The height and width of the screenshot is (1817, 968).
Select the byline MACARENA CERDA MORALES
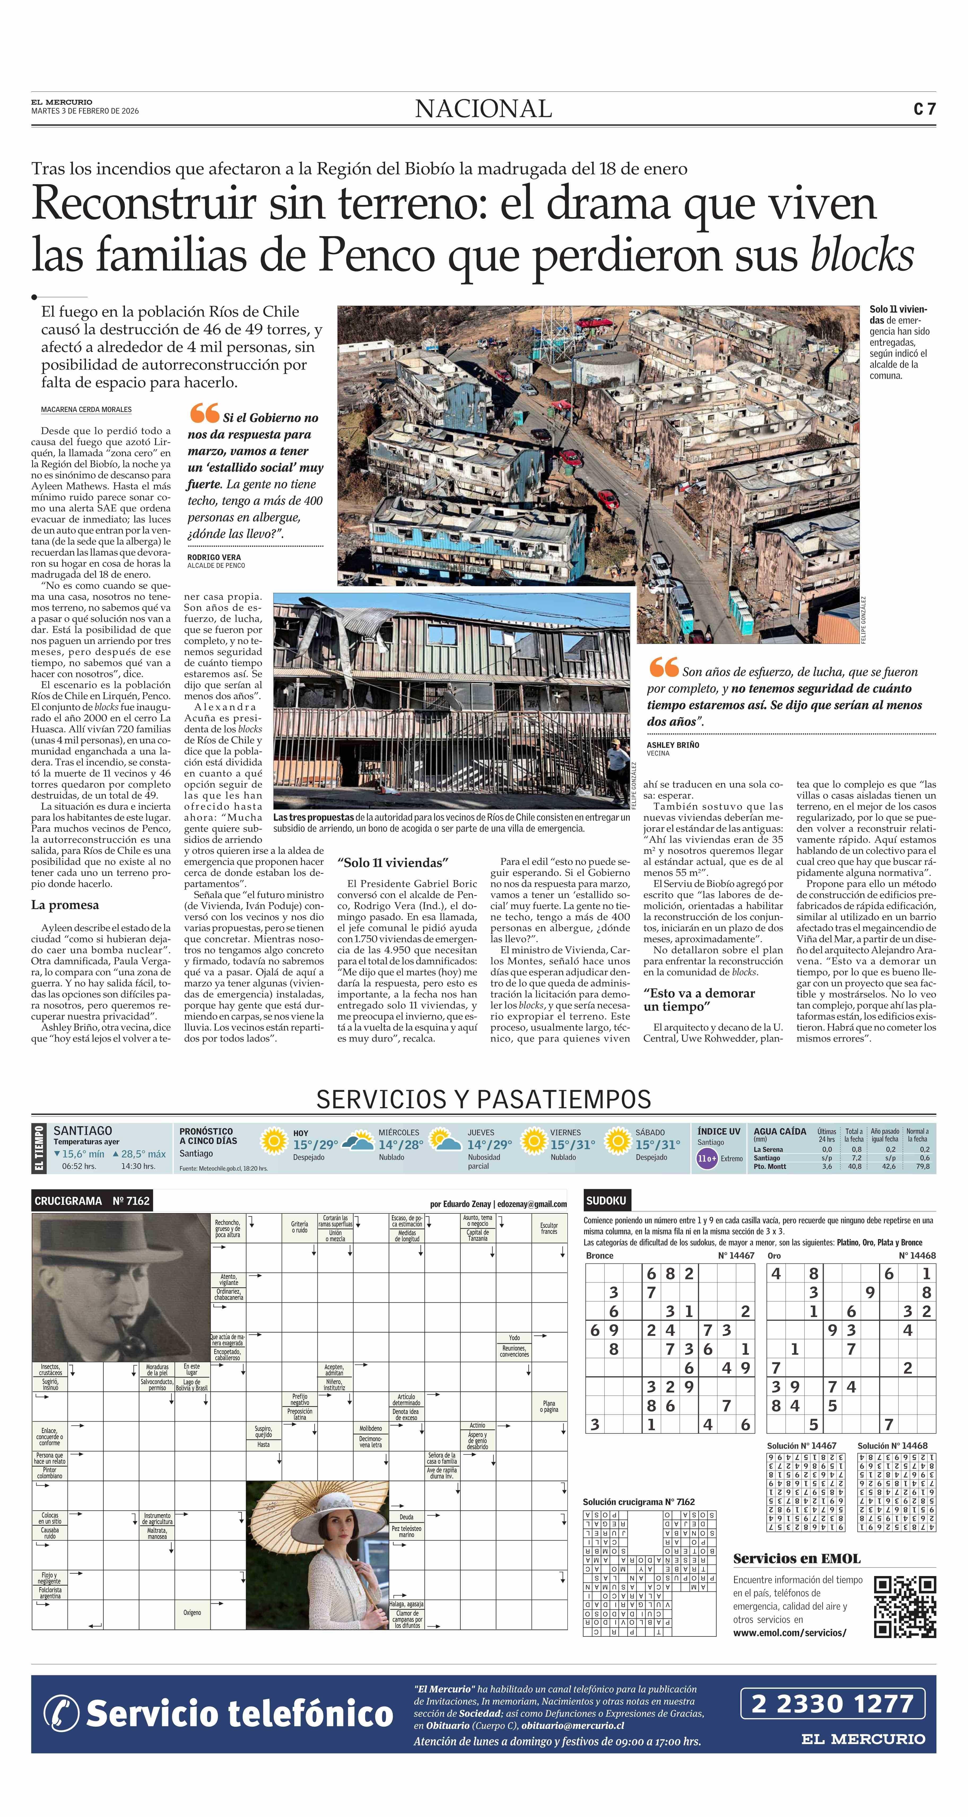(86, 410)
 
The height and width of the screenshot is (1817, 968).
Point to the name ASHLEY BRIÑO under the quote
(672, 745)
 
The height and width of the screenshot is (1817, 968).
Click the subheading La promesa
(65, 905)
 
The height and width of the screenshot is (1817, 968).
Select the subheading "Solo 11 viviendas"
(393, 863)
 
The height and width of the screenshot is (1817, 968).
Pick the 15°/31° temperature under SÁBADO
(657, 1145)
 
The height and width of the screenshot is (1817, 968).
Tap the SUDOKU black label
(606, 1201)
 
